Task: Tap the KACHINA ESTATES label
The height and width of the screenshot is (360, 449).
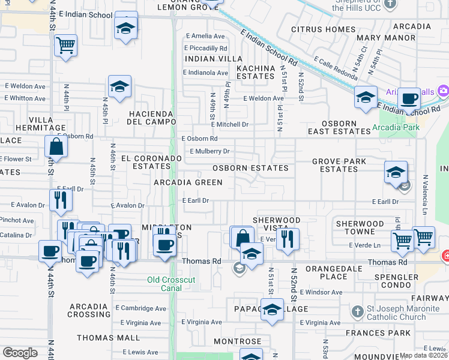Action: pos(256,73)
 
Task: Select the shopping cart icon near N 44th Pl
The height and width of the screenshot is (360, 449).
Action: pos(65,45)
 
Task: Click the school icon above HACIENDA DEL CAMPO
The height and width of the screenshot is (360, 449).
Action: pos(119,86)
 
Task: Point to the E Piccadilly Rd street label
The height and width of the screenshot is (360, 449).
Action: pos(206,48)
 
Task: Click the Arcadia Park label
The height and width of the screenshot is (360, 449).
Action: pos(395,127)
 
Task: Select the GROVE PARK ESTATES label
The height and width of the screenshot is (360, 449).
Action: pos(339,165)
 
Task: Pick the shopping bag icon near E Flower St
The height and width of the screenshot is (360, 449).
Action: pos(56,146)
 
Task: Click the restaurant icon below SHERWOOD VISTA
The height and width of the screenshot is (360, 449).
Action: pos(288,238)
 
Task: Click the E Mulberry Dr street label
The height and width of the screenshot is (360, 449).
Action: pos(210,151)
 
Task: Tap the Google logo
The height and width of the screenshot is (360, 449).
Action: pos(20,352)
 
